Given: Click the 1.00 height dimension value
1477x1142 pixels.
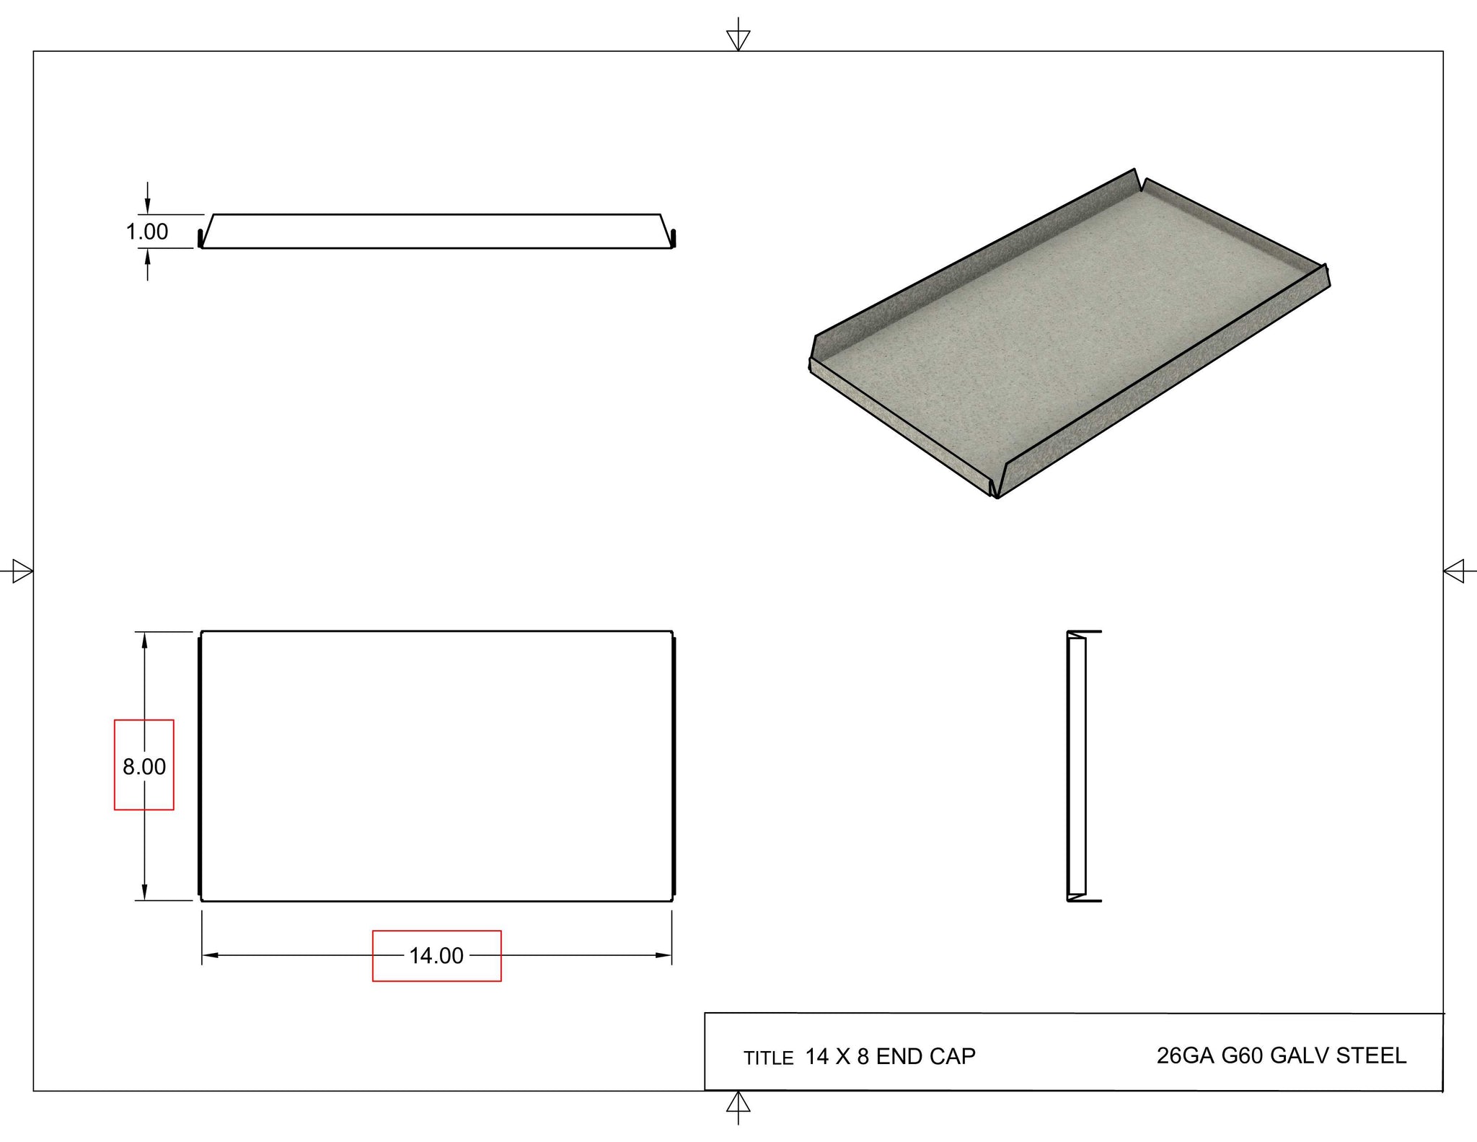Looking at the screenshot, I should (147, 232).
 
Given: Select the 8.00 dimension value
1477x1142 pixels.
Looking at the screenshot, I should (144, 766).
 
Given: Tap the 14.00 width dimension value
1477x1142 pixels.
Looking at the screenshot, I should (436, 956).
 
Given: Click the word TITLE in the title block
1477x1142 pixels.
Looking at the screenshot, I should (768, 1058).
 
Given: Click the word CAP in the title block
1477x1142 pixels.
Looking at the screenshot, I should (952, 1056).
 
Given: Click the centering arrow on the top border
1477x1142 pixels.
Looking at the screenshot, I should (738, 39).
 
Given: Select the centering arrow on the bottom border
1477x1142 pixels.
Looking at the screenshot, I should (738, 1104).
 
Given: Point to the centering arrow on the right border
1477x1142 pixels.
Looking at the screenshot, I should (1454, 572).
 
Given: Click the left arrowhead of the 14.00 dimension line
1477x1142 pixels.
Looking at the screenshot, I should (210, 955).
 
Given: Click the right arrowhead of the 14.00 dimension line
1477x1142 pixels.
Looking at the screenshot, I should (663, 955).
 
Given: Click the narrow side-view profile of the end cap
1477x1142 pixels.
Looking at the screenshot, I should (1077, 766).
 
